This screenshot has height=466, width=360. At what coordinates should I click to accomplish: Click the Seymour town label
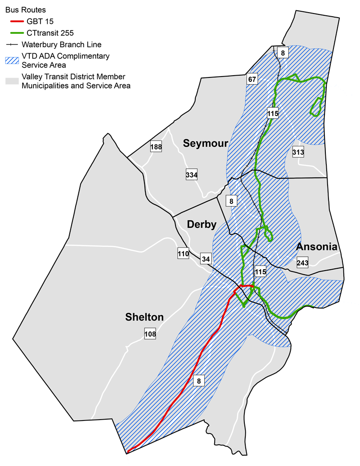pyautogui.click(x=206, y=144)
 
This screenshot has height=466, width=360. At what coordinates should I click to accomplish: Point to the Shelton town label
pyautogui.click(x=144, y=317)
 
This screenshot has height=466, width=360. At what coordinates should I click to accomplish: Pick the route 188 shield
pyautogui.click(x=156, y=146)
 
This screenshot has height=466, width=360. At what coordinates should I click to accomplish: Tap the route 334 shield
pyautogui.click(x=192, y=175)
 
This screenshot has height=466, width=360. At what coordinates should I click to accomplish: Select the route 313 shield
pyautogui.click(x=298, y=152)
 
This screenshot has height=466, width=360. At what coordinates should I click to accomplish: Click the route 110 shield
pyautogui.click(x=183, y=254)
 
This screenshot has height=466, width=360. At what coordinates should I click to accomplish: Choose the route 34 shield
pyautogui.click(x=206, y=259)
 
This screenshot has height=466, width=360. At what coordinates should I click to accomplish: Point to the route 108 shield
pyautogui.click(x=150, y=334)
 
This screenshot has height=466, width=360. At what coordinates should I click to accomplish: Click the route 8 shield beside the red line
pyautogui.click(x=198, y=381)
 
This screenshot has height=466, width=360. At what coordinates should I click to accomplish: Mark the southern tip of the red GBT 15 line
pyautogui.click(x=128, y=451)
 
